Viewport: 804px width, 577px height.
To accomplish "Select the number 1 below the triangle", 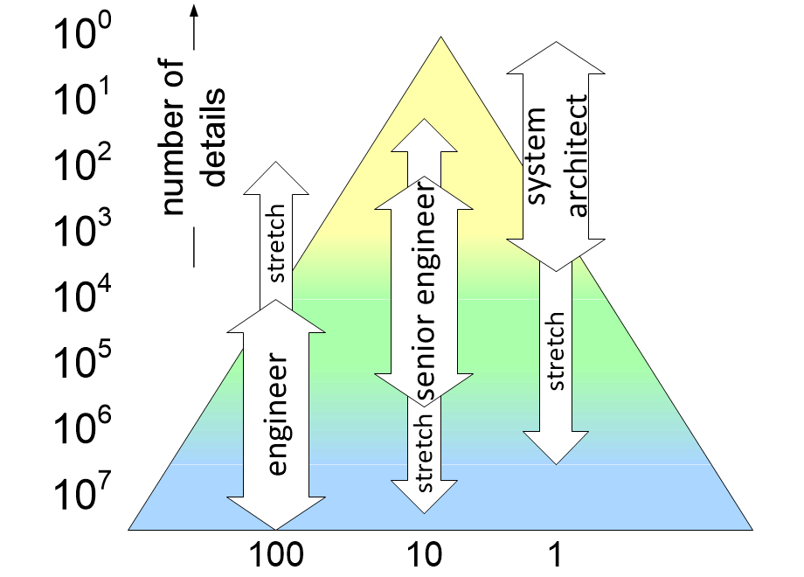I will pyautogui.click(x=553, y=554).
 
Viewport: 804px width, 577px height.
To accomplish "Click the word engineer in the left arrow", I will pyautogui.click(x=277, y=414).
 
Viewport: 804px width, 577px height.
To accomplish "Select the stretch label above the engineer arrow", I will pyautogui.click(x=276, y=244).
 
